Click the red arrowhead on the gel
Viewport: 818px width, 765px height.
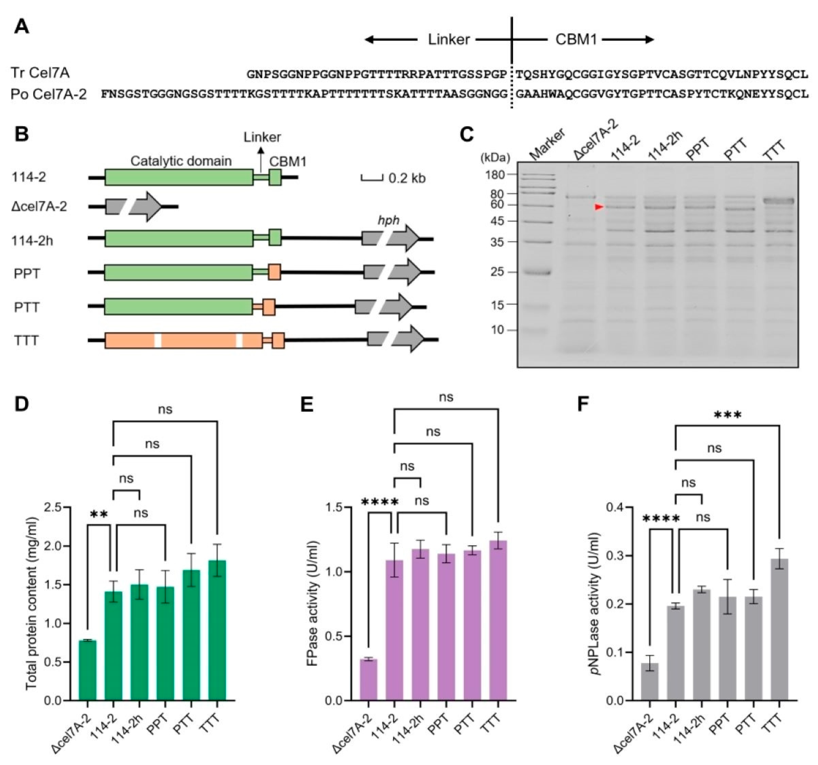pyautogui.click(x=599, y=207)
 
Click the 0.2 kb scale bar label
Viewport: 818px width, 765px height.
pyautogui.click(x=407, y=179)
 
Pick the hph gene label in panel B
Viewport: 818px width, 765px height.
pyautogui.click(x=388, y=221)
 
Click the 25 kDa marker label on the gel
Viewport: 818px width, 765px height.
pyautogui.click(x=497, y=272)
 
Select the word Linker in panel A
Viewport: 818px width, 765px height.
pyautogui.click(x=449, y=39)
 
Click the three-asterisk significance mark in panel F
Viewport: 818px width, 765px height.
pyautogui.click(x=727, y=416)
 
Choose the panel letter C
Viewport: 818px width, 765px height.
pyautogui.click(x=466, y=135)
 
